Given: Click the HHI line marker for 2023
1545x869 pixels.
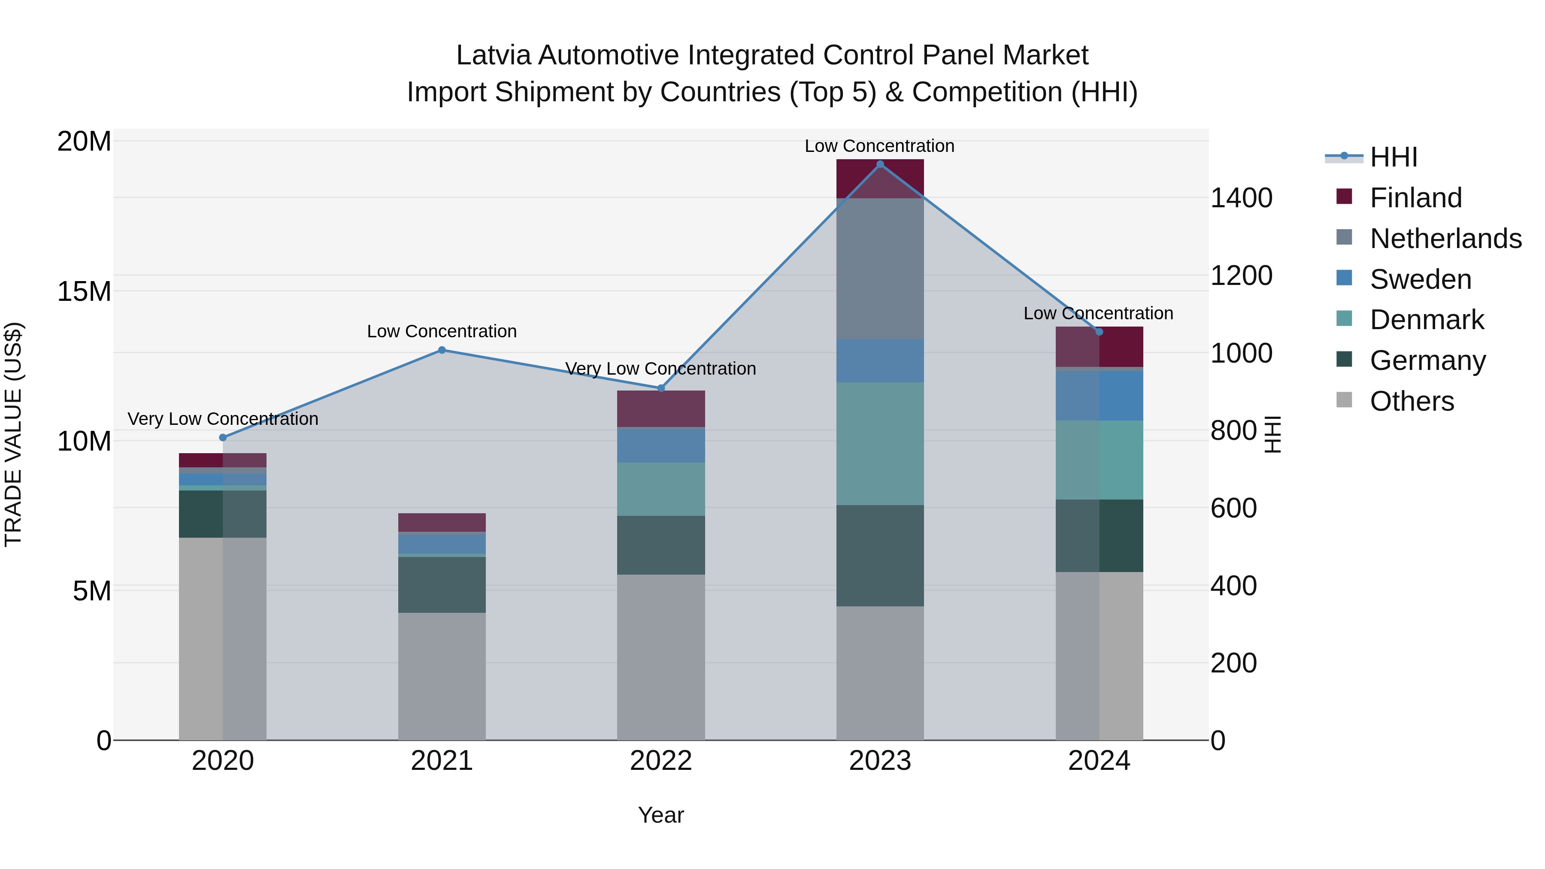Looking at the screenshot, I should click(x=880, y=164).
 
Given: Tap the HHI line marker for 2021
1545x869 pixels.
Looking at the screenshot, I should click(x=442, y=350).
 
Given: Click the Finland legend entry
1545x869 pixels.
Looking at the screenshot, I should click(x=1415, y=198).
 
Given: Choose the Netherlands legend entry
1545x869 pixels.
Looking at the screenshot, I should click(x=1445, y=239).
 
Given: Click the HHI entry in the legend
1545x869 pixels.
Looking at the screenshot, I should click(x=1393, y=157).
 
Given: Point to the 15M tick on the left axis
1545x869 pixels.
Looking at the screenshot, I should click(x=84, y=291).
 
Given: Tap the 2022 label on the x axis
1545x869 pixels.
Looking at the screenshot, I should click(x=661, y=761).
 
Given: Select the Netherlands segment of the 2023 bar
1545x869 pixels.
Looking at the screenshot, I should click(x=880, y=268).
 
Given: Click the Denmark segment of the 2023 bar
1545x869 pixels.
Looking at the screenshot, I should click(x=880, y=443).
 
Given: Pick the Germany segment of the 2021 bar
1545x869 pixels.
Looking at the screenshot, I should click(x=442, y=585).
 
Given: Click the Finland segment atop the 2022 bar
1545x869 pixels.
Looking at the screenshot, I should click(x=661, y=409).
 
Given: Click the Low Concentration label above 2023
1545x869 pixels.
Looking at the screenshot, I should click(x=879, y=146).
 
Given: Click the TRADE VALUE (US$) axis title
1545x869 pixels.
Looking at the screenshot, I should click(x=13, y=434).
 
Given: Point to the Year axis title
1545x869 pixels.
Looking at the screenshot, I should click(x=661, y=815).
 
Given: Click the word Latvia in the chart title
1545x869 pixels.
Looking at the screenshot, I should click(x=494, y=55).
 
